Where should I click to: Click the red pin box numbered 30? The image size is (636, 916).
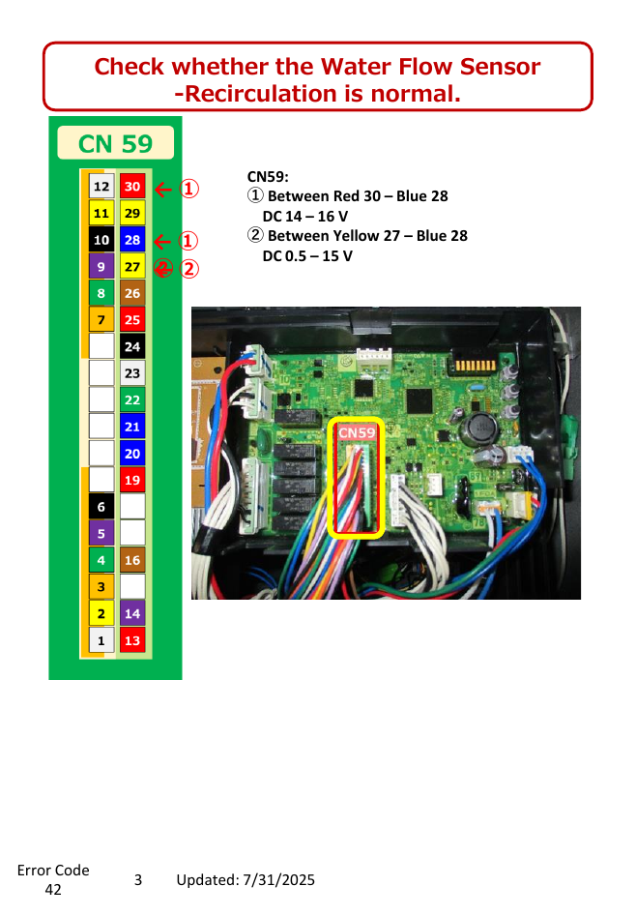(x=132, y=187)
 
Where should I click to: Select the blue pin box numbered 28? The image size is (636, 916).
(x=132, y=240)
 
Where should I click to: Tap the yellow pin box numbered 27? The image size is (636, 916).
(x=132, y=267)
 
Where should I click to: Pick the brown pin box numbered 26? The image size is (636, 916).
(x=132, y=293)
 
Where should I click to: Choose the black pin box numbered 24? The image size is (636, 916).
(x=132, y=347)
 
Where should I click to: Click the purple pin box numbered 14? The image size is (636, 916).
(x=132, y=614)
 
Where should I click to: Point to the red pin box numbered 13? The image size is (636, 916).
(x=132, y=641)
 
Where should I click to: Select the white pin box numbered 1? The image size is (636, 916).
(x=101, y=641)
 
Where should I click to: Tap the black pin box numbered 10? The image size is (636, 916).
(x=101, y=240)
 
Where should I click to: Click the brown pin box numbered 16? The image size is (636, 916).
(x=132, y=560)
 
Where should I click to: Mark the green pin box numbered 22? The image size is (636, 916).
(x=132, y=400)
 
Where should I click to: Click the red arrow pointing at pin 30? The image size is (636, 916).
(x=163, y=190)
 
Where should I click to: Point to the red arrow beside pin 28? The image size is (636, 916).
(x=162, y=241)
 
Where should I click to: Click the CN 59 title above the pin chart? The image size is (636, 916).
(x=116, y=144)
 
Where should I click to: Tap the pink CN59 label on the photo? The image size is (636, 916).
(x=357, y=433)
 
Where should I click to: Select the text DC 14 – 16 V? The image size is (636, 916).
(x=304, y=217)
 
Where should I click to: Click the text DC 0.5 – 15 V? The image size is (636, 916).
(x=307, y=256)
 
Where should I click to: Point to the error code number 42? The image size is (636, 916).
(x=53, y=890)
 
